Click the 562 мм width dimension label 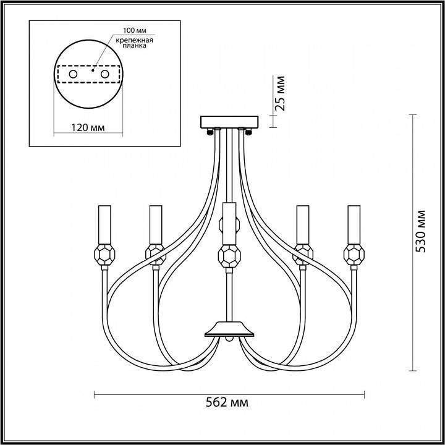coord(227,402)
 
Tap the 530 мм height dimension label coord(420,231)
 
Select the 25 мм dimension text coord(280,93)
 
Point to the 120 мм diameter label coord(88,128)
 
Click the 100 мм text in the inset coord(135,30)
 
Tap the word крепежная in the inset coord(134,40)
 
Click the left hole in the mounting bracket coord(73,74)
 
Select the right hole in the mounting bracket coord(104,74)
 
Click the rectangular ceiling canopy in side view coord(229,122)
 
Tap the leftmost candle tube coord(104,224)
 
